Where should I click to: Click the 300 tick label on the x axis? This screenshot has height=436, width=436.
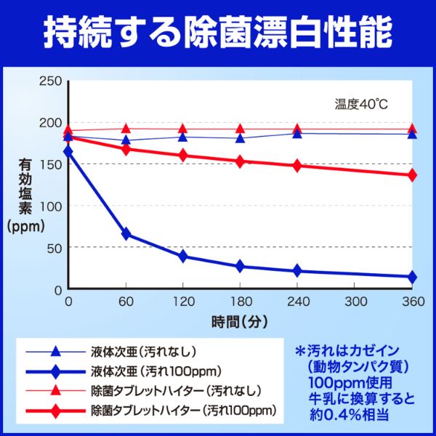pos(355,302)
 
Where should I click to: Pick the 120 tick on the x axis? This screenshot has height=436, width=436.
pos(182,302)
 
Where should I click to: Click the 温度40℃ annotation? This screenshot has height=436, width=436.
pos(361,103)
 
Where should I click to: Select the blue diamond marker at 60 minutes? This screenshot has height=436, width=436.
pos(126,234)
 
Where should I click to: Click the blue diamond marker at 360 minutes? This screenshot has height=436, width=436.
pos(412,277)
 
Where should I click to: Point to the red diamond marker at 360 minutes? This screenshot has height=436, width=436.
pos(412,175)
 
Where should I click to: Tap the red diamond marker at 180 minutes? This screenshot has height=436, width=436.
pos(240,161)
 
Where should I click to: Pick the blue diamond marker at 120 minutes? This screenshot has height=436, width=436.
pos(182,256)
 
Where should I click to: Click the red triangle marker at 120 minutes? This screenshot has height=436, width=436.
pos(182,129)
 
